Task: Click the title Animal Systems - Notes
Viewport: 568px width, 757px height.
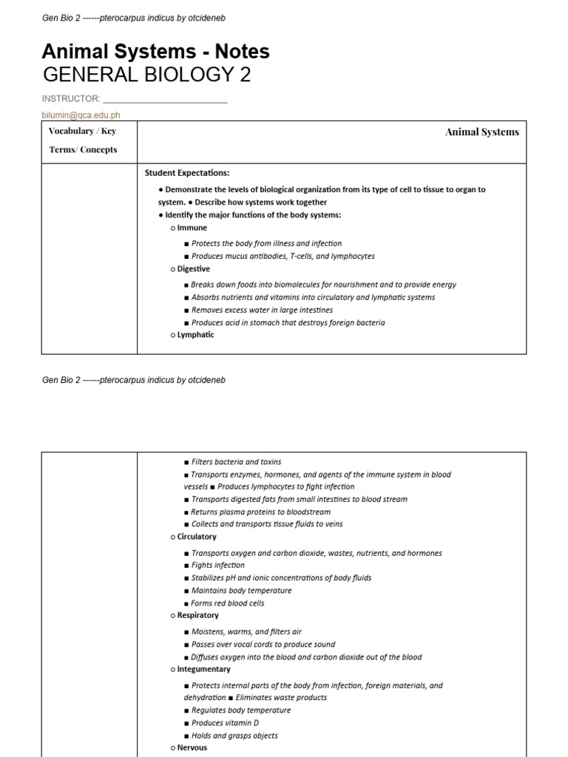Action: point(156,51)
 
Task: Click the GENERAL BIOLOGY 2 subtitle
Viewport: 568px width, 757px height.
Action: point(147,75)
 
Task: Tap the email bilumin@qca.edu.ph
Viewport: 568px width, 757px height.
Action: point(81,115)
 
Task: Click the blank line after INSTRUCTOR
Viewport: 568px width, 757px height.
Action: point(165,99)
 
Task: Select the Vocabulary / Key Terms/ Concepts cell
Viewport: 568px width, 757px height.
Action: point(83,140)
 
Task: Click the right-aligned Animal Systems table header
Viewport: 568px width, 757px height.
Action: point(481,132)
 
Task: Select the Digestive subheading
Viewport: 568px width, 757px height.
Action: point(193,269)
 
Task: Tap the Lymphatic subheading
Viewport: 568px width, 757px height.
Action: point(195,335)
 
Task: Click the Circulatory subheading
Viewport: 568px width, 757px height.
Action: point(197,537)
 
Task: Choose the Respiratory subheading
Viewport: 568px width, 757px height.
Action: point(197,615)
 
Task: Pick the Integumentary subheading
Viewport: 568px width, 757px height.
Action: point(203,669)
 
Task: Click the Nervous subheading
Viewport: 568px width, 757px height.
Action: point(192,747)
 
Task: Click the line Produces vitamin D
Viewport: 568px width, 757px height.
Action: point(225,723)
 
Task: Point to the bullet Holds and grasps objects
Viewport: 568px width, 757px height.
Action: point(234,736)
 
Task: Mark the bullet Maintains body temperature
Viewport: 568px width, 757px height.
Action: point(241,591)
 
